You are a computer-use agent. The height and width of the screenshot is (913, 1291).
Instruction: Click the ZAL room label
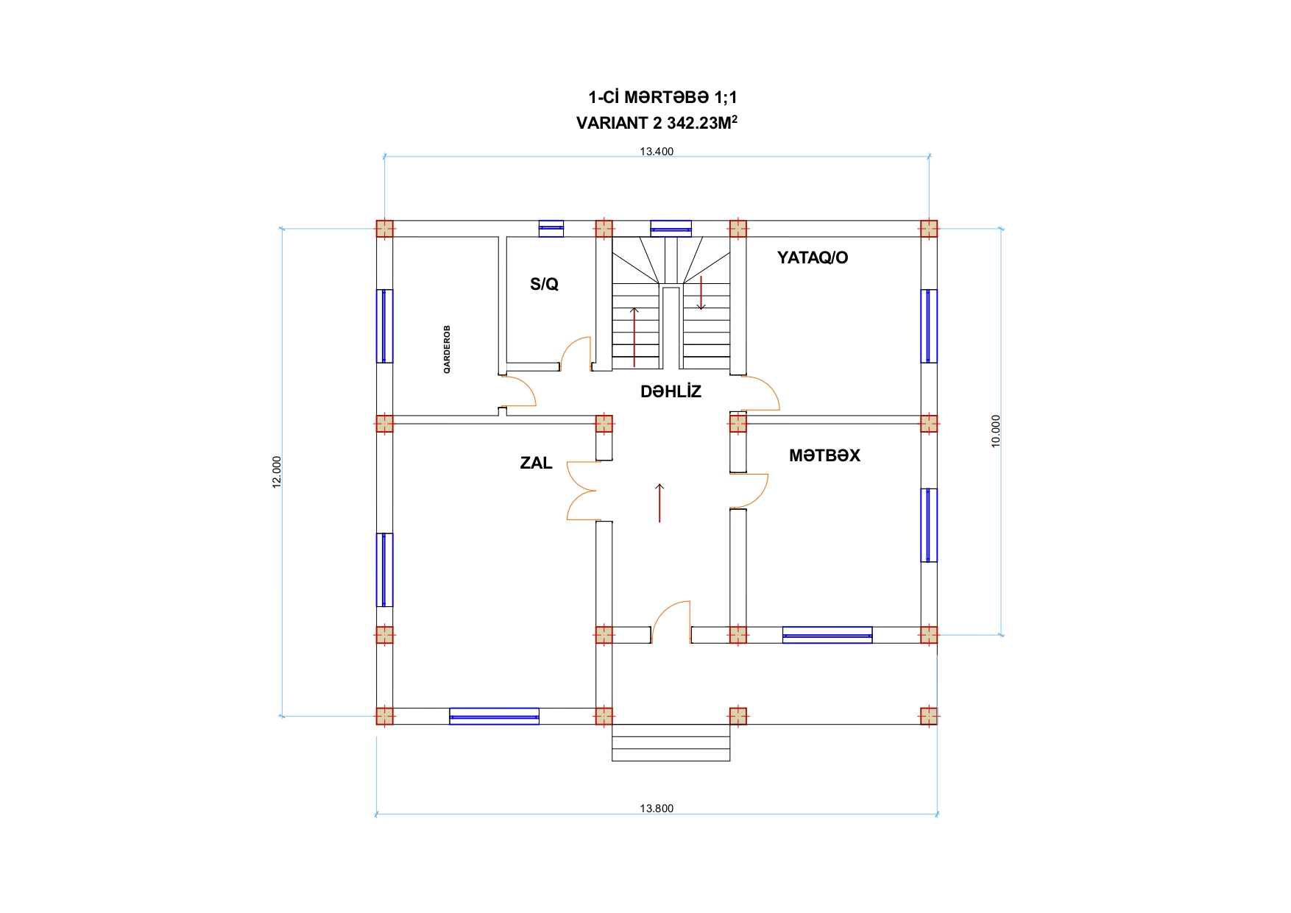[x=536, y=463]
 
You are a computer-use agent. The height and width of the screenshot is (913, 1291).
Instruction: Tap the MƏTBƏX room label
[x=824, y=456]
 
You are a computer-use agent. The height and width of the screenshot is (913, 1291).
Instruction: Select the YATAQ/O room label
[x=813, y=257]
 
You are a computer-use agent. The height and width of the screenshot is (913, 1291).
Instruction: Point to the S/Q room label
[x=544, y=284]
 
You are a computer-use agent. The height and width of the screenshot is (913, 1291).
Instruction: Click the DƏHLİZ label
[x=671, y=391]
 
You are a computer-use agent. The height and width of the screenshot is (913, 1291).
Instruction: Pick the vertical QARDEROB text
[x=447, y=349]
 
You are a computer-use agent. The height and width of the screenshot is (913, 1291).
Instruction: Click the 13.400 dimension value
[x=657, y=152]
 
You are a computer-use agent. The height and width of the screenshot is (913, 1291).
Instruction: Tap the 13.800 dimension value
[x=657, y=809]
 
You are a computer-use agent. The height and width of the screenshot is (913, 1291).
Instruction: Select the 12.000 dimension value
[x=277, y=472]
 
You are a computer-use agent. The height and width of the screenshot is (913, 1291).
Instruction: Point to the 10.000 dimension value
[x=996, y=431]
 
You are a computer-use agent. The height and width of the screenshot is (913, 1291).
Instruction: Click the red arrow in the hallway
[x=659, y=503]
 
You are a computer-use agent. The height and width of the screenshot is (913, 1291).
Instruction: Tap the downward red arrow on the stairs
[x=701, y=293]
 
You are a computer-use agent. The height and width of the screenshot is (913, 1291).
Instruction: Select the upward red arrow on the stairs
[x=634, y=337]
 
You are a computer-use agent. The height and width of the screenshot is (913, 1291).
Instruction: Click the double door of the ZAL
[x=581, y=491]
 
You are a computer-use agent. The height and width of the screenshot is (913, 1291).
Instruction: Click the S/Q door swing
[x=576, y=353]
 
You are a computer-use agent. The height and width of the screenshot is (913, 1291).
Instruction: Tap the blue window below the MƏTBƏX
[x=827, y=635]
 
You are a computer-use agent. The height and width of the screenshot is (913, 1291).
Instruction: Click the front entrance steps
[x=671, y=742]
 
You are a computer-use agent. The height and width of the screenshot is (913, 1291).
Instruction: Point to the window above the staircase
[x=671, y=229]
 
